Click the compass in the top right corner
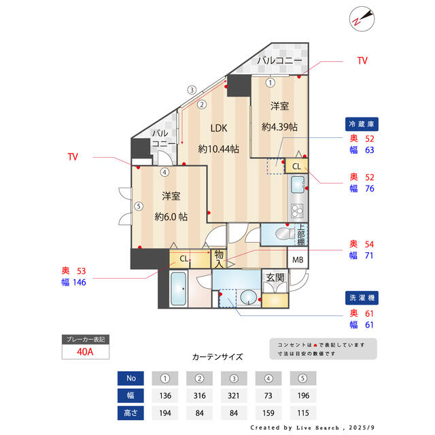pos(362,19)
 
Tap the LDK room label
pos(219,128)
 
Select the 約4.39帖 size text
pos(279,127)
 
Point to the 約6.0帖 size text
pos(171,216)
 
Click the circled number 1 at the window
pos(271,83)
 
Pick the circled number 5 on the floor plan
pos(139,206)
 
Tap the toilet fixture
pos(285,233)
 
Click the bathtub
pos(178,288)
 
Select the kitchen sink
pos(298,184)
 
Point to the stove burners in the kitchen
pos(297,211)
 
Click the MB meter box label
pos(298,260)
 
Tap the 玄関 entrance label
pos(275,277)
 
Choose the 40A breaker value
pos(85,352)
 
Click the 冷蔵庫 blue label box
pos(362,124)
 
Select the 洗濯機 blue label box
pos(362,298)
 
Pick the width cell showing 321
pos(234,396)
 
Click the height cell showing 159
pos(268,413)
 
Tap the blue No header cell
pos(130,378)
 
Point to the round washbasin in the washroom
pos(248,298)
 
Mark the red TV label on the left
pos(73,157)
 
